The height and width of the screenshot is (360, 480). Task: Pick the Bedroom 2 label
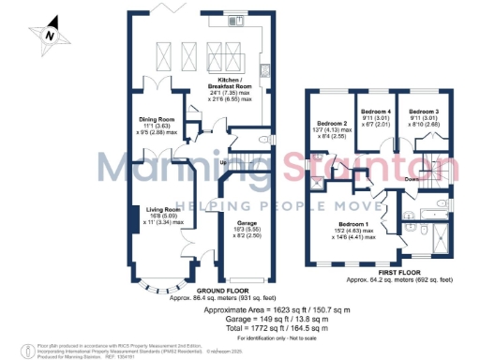(334, 124)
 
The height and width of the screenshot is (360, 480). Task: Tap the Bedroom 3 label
(416, 112)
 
